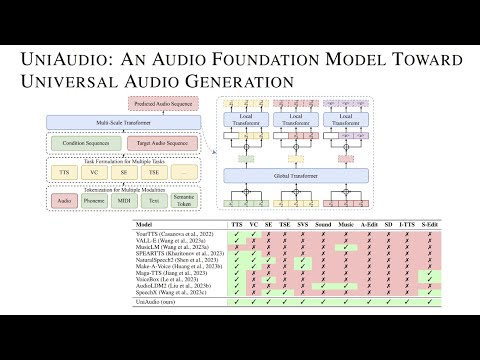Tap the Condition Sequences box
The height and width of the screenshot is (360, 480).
[x=101, y=144]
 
